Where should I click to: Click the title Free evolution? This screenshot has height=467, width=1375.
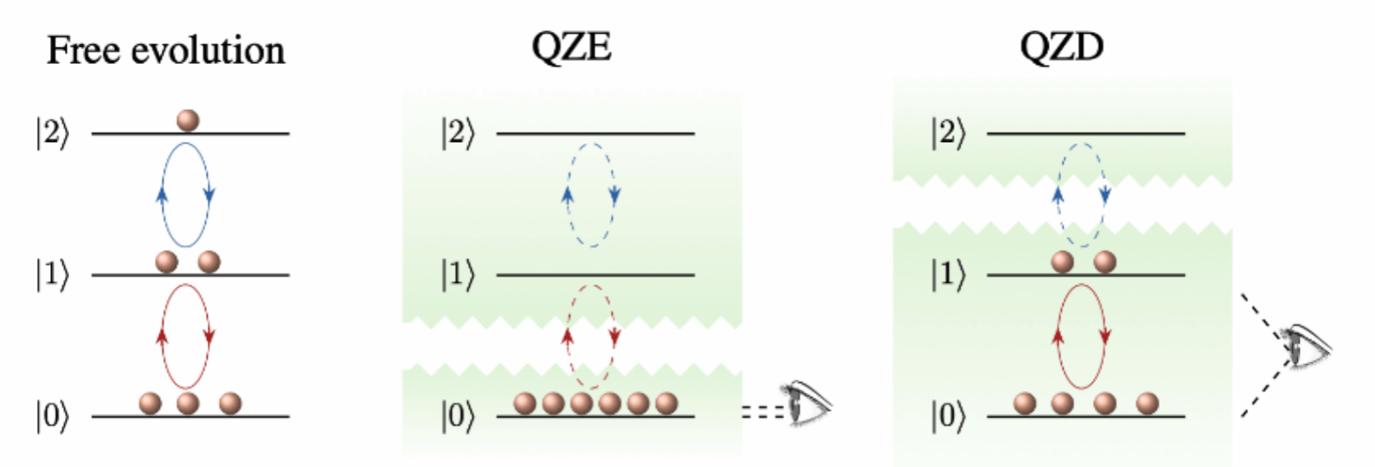[x=165, y=51]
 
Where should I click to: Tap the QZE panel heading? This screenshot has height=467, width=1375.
[x=571, y=47]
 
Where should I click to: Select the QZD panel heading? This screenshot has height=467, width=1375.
[x=1061, y=47]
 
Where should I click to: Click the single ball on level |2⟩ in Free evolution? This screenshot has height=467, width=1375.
[x=187, y=120]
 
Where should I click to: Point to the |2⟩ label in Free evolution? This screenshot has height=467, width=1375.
[x=52, y=134]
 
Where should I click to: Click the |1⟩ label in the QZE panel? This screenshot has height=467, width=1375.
[x=457, y=275]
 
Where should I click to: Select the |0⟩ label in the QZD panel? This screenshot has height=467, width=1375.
[x=948, y=417]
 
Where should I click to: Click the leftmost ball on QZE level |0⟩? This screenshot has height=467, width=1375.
[x=525, y=403]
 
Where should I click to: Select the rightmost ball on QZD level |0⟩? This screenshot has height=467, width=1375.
[x=1147, y=403]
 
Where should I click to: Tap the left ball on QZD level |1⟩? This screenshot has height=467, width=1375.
[x=1062, y=261]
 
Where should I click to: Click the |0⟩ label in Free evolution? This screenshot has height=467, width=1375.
[x=52, y=417]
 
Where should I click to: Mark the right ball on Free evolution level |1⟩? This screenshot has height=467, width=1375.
[x=208, y=261]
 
